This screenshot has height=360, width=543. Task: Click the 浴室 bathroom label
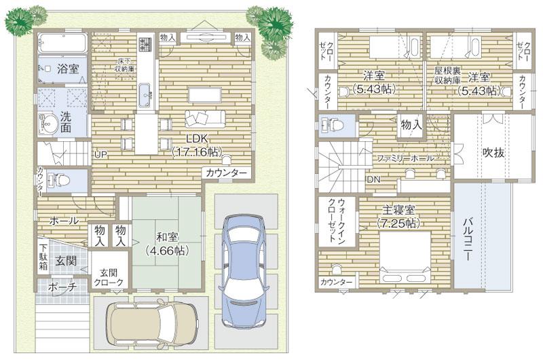(x=67, y=69)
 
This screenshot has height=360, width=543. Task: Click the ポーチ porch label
(x=62, y=287)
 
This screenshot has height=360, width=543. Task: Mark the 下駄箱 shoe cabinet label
(x=43, y=256)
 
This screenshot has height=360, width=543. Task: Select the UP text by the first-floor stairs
(x=100, y=154)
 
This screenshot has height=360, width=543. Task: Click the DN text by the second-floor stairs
(x=373, y=179)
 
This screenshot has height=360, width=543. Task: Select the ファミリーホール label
(x=405, y=158)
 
